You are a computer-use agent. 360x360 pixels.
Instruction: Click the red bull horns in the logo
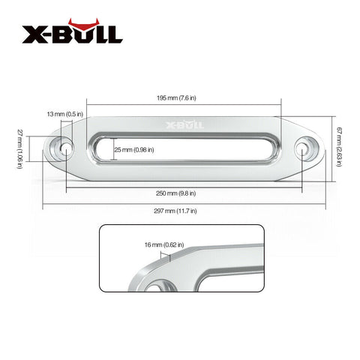82,25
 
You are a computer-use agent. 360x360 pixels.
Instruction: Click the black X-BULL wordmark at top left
73,34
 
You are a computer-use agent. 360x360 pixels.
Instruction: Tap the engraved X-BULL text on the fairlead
185,124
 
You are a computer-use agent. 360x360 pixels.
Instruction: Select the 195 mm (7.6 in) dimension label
176,97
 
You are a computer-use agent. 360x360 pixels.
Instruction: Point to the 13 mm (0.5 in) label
65,114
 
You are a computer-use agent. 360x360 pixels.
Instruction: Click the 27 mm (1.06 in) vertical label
20,148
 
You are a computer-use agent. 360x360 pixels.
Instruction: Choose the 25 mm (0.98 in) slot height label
134,150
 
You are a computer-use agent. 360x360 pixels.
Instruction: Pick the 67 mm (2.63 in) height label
339,147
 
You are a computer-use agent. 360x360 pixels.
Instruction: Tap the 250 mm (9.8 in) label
176,193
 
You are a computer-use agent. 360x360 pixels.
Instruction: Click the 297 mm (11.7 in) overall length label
175,211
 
